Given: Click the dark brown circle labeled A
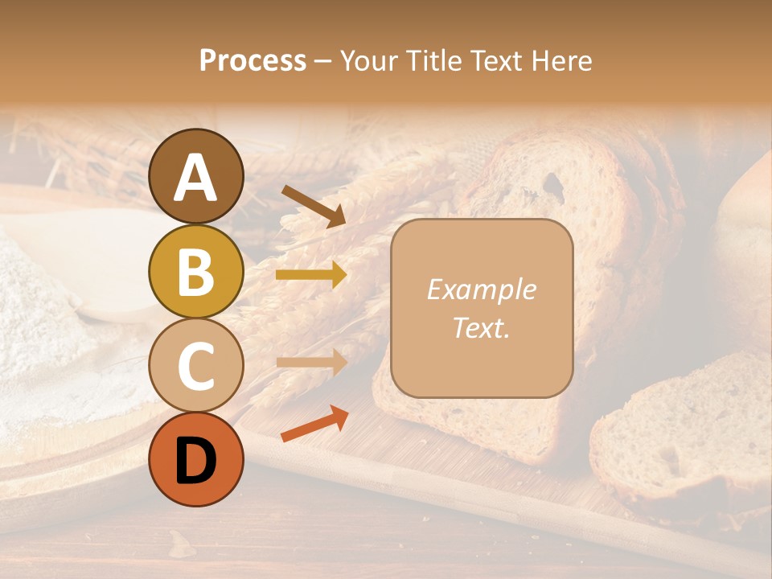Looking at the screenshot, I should click(x=196, y=177).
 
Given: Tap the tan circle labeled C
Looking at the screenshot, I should click(x=196, y=365).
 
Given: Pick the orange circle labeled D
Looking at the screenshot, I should click(x=196, y=459).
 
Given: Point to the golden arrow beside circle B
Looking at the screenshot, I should click(x=311, y=276).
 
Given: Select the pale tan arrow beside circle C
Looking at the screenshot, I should click(x=311, y=361).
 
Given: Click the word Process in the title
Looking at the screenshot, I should click(x=253, y=61).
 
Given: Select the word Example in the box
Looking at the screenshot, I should click(x=481, y=289).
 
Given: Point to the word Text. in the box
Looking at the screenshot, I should click(x=481, y=327).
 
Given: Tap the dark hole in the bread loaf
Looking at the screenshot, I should click(x=553, y=185).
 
